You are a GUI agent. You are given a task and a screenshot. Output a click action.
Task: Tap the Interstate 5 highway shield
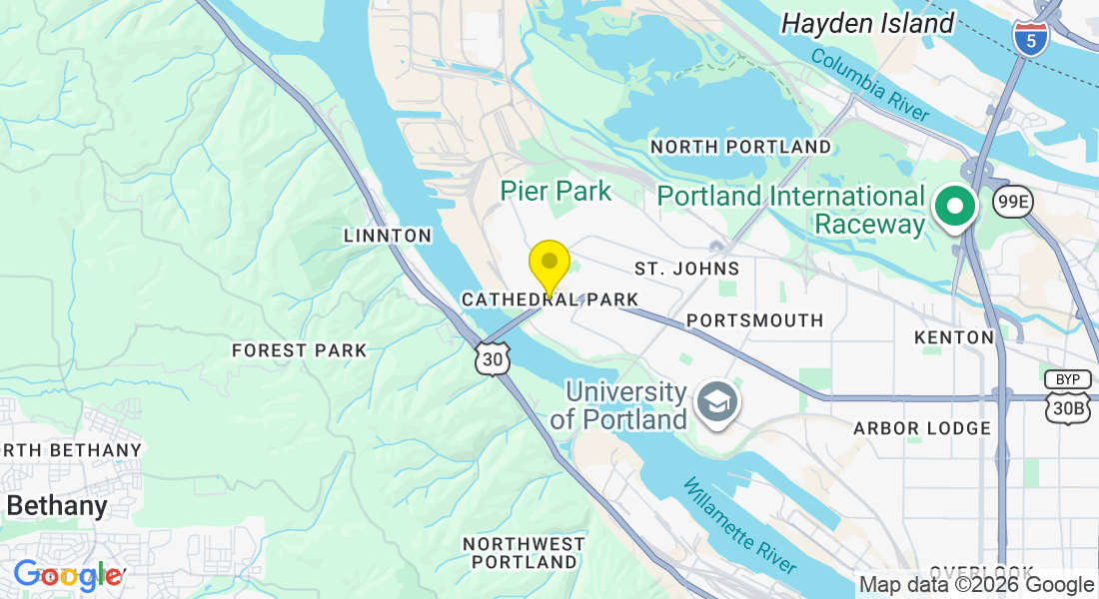click(1030, 37)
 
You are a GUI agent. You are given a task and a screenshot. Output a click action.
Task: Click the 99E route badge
click(1012, 203)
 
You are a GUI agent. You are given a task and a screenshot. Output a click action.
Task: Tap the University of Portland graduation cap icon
click(715, 403)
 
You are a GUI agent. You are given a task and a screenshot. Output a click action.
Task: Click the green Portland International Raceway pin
click(955, 207)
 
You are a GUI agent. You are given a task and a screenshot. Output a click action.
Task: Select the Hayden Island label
click(867, 23)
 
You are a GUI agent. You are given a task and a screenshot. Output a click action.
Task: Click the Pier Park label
click(555, 191)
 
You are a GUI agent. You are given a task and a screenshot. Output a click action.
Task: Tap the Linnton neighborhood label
click(388, 236)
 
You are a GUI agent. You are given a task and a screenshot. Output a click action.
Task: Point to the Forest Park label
click(300, 350)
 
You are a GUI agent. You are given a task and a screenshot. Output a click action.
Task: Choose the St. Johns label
click(687, 269)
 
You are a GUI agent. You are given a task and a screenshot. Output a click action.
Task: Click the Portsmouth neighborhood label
click(755, 320)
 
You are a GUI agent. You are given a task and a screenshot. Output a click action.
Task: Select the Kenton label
click(954, 337)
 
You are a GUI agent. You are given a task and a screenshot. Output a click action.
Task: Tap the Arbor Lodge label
click(921, 428)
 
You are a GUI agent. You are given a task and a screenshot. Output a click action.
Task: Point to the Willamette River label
click(739, 525)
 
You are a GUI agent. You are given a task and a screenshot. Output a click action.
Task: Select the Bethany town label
click(57, 505)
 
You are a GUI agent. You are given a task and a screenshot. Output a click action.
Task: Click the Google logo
click(68, 575)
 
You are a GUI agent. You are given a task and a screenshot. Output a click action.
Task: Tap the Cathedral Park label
click(549, 299)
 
